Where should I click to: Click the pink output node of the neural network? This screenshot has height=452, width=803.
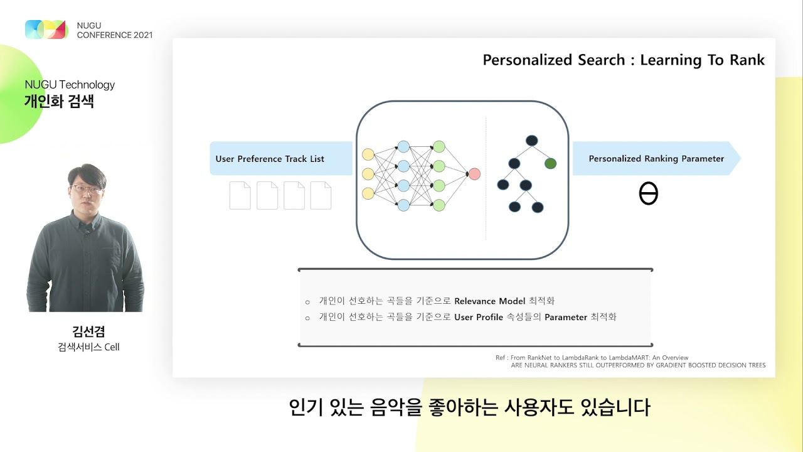pos(474,174)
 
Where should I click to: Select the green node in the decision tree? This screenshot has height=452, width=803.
pos(550,164)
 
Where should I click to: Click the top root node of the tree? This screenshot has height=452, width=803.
pos(532,141)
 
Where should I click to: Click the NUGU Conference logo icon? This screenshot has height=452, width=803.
pos(46,30)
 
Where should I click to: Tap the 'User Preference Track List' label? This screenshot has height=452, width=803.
pos(270,159)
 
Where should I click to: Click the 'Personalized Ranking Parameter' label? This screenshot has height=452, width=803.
pos(656,159)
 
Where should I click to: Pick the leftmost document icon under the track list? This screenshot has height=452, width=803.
pos(240,195)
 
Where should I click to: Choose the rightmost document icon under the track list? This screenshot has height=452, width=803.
pos(321,195)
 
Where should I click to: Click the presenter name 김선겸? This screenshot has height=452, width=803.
pos(88,331)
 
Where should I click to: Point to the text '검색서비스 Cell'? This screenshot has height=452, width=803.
pos(88,347)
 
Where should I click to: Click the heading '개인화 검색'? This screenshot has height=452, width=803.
pos(59,102)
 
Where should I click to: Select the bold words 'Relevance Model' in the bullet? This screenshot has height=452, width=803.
pos(490,301)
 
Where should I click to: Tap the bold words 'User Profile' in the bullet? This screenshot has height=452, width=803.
pos(479,317)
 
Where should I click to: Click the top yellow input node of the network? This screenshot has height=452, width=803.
pos(368,154)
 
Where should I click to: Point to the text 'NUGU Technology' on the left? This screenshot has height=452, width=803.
pos(70,85)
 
